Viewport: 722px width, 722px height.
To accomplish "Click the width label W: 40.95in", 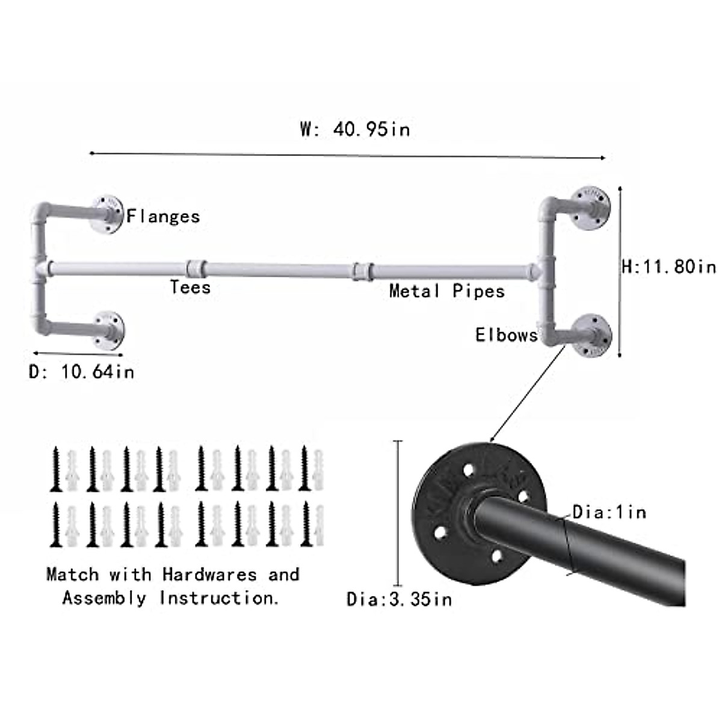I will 355,129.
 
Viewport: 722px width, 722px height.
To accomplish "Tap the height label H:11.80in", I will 669,266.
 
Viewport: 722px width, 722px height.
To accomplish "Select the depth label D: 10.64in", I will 82,371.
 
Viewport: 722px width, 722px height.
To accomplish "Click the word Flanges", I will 163,216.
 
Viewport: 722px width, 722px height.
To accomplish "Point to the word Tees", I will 190,287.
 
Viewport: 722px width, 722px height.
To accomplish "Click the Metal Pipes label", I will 446,291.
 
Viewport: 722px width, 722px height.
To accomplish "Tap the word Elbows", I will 507,335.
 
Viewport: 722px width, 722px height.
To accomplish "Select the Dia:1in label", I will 609,512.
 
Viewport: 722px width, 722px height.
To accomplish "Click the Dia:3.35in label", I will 399,599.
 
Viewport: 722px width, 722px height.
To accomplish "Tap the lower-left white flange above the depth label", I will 109,329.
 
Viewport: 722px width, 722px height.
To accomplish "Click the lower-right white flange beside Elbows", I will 592,335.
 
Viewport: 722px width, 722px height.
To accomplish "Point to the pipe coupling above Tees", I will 196,268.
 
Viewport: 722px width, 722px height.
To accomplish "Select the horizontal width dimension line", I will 347,155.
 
